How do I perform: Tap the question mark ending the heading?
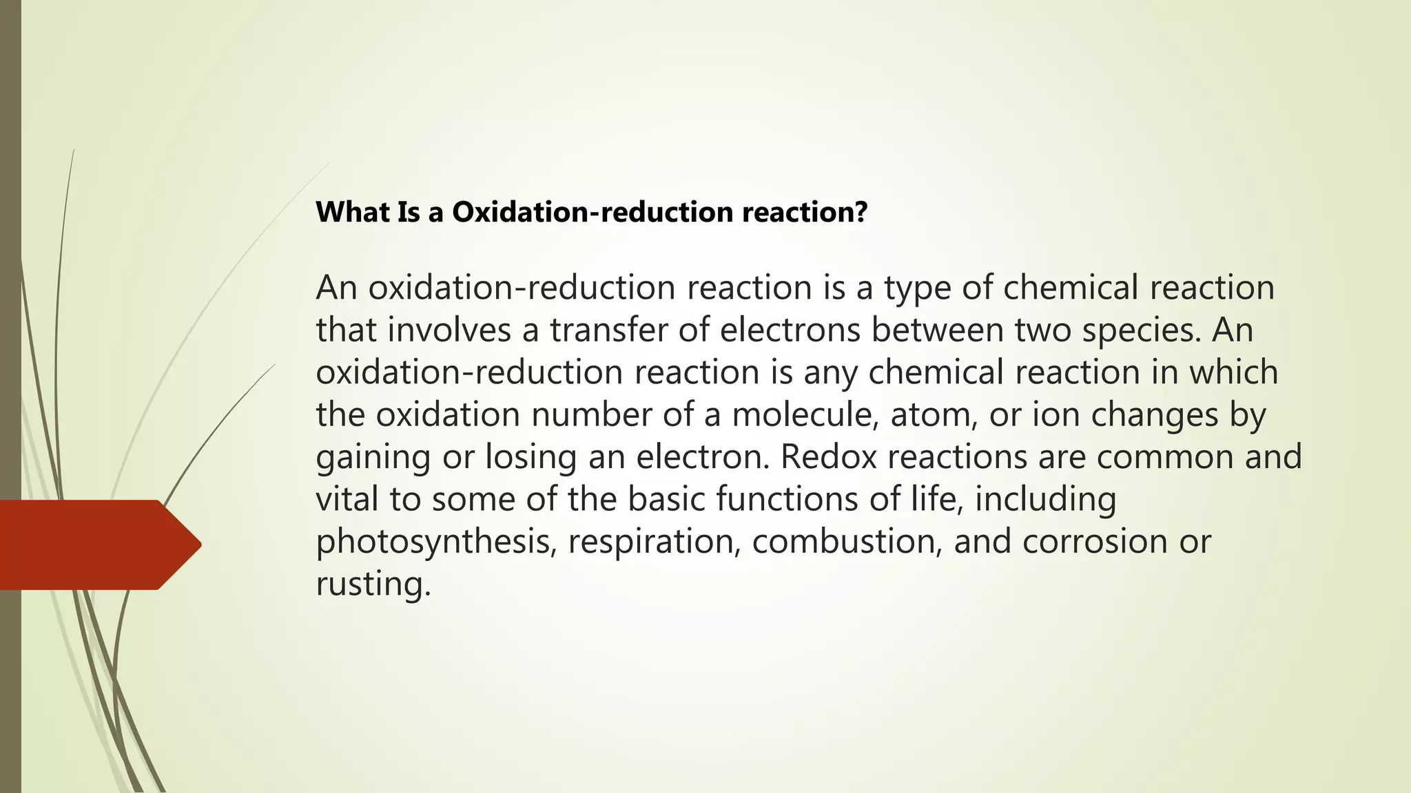click(860, 212)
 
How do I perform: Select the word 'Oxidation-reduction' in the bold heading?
click(593, 212)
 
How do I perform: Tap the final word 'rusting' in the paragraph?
click(373, 584)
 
